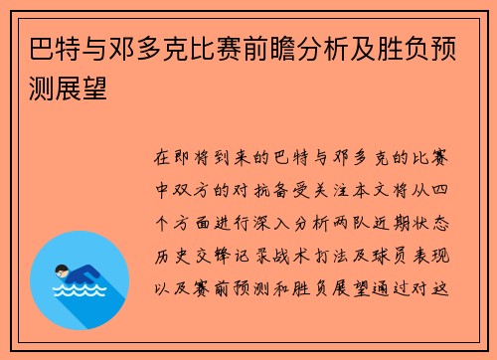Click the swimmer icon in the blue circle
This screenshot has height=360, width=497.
tap(80, 278)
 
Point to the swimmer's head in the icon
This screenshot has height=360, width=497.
tap(62, 270)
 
